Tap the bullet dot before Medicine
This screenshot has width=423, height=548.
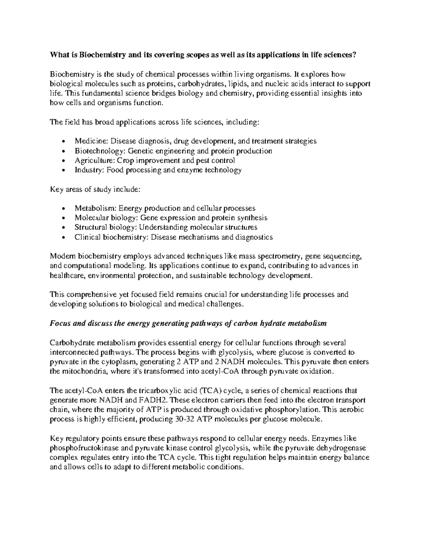pos(63,142)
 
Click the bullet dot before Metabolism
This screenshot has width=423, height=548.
pos(63,209)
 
